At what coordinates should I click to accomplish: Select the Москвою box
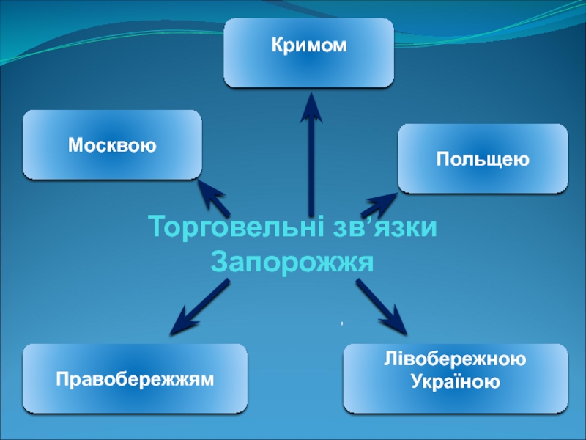click(112, 144)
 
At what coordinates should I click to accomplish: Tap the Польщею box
click(483, 158)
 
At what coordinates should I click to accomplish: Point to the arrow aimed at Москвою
click(214, 197)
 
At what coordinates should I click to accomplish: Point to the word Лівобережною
click(455, 361)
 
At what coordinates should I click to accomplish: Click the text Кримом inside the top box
click(308, 45)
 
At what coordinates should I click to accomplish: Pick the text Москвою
click(112, 145)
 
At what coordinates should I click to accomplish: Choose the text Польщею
click(483, 159)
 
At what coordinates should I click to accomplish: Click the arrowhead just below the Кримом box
click(311, 106)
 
